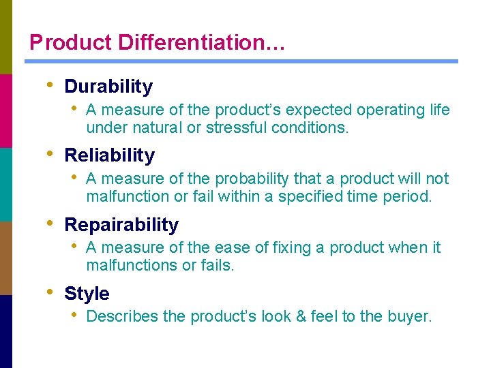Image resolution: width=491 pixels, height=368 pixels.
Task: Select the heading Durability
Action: coord(108,87)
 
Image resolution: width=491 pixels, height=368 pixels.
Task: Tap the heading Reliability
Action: coord(109,155)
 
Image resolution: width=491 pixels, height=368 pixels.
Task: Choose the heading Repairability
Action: coord(121,225)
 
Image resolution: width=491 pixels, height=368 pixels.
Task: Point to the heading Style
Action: coord(87,294)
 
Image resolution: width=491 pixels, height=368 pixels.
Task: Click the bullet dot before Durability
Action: coord(48,85)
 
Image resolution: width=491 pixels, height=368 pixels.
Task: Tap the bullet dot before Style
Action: coord(48,292)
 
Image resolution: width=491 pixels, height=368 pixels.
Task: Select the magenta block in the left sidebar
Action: coord(6,110)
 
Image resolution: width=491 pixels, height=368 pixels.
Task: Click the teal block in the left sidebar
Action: coord(6,184)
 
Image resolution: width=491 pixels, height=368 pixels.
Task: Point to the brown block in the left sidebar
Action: coord(6,258)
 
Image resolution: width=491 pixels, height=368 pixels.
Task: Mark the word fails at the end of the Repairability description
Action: coord(217,266)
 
